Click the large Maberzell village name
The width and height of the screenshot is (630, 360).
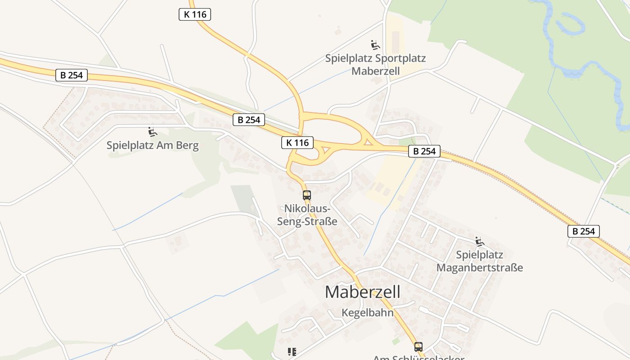coord(362,292)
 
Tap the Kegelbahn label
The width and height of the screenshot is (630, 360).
coord(367,313)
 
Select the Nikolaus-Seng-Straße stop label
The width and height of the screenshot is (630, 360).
coord(310,215)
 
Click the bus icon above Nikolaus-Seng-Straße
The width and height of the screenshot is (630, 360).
coord(307,195)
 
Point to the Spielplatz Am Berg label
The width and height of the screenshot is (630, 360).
coord(153,145)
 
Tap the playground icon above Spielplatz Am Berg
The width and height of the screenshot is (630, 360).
coord(153,132)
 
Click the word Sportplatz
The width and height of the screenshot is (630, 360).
coord(400,58)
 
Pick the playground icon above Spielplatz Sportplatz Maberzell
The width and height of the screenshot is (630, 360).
coord(375,45)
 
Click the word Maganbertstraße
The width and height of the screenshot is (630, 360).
coord(480,268)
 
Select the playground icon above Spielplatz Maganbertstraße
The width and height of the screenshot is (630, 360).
coord(479,242)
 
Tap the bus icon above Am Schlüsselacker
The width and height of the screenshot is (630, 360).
coord(418,346)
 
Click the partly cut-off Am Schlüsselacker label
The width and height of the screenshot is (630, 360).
coord(418,358)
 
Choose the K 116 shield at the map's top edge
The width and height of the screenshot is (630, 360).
coord(195,14)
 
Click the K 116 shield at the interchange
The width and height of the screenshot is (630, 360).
coord(297,143)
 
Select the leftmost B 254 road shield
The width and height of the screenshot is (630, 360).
coord(72,75)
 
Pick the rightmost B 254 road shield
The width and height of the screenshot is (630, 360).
coord(584,231)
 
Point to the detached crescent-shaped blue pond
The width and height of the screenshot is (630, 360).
coord(571,25)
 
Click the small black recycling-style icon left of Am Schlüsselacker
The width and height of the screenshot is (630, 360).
coord(292,351)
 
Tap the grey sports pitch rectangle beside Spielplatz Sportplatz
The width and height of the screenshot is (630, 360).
coord(396,41)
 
